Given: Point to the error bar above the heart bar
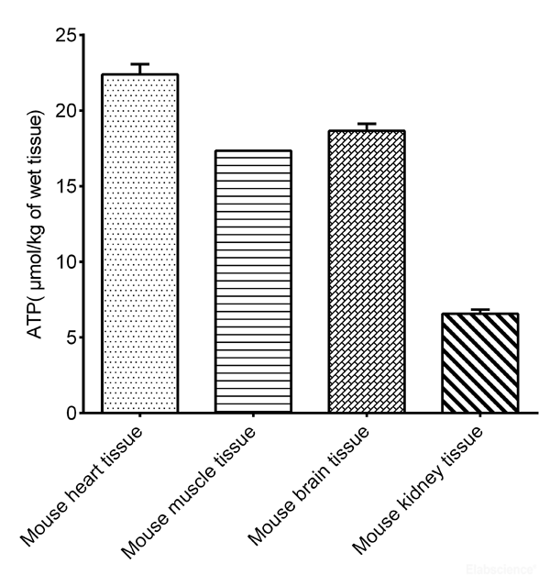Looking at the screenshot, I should coord(139,68).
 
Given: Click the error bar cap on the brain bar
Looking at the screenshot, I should coord(367,124).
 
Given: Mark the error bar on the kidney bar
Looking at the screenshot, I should coord(480,311).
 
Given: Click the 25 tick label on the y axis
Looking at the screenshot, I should coord(63,36).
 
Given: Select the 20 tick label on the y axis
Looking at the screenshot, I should coord(63,111).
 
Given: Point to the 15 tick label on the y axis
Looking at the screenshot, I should coord(63,186).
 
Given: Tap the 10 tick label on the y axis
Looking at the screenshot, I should coord(63,262).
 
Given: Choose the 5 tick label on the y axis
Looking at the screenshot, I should coord(68,337).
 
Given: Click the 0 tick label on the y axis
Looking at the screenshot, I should coord(68,413).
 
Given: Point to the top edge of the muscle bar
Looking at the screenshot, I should coord(253,151).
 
